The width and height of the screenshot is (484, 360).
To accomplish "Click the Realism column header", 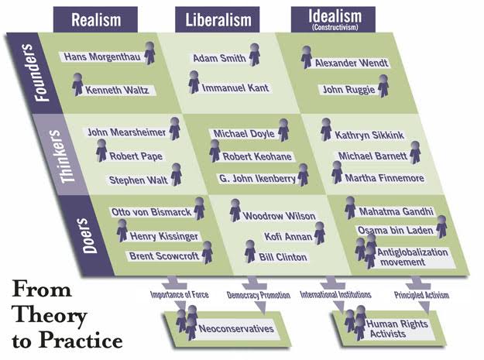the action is [x=96, y=20].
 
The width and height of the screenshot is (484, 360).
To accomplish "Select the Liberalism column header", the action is [x=218, y=20].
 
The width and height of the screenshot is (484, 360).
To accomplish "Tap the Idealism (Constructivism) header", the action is [x=333, y=19].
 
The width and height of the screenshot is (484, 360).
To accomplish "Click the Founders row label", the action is [x=37, y=73].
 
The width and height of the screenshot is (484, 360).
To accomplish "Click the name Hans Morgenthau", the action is [x=102, y=57].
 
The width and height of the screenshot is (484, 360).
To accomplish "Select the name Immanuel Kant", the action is [x=235, y=88].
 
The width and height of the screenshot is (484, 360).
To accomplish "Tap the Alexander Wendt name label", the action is [x=352, y=63].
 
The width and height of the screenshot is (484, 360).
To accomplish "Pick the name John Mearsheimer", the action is [x=126, y=132].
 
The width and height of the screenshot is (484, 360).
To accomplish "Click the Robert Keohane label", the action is [x=257, y=156].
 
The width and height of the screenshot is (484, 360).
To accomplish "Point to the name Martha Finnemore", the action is [x=385, y=178].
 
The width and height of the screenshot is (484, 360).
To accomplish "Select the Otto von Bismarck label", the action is [x=151, y=212].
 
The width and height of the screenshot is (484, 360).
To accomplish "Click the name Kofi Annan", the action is [x=288, y=237].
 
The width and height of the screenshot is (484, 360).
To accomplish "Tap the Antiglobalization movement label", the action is [x=412, y=257].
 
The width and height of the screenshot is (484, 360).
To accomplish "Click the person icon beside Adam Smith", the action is [x=254, y=55].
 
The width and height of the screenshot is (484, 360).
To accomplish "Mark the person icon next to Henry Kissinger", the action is [x=122, y=231].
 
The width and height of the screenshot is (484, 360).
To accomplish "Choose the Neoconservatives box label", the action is [x=236, y=328].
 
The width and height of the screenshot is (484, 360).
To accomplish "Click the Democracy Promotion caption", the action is [x=259, y=295].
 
